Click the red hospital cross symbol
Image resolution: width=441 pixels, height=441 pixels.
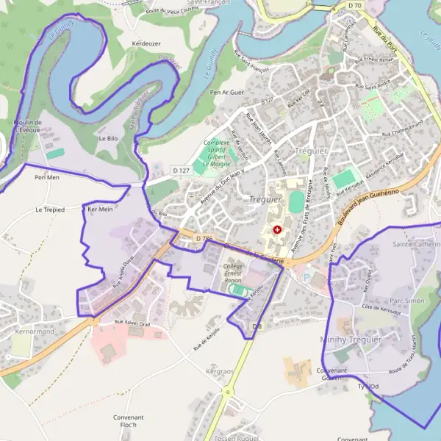point(277,230)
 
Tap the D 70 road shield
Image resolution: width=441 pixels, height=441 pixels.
point(355,6)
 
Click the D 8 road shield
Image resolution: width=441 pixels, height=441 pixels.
point(257,326)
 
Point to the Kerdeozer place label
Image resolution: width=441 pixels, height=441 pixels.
point(146,43)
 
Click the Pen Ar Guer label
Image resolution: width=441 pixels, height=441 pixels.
point(226,93)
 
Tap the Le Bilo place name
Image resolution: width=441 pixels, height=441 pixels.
point(108,138)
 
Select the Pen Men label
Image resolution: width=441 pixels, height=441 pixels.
point(46,178)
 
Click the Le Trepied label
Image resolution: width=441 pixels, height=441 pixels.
point(50,209)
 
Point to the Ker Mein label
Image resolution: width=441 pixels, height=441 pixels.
point(101,209)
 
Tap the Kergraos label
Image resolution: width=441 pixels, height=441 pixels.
point(220,372)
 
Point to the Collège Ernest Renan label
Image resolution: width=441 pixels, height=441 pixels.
point(233,272)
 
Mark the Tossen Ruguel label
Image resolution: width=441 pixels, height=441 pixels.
point(233,437)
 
